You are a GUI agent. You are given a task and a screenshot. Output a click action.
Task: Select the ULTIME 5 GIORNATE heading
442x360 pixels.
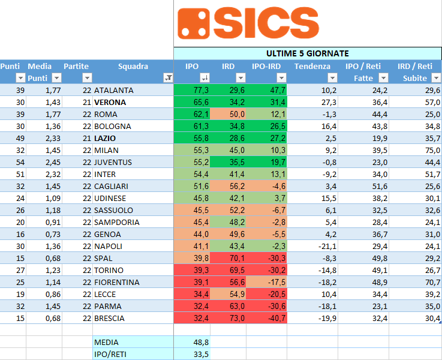click(x=307, y=53)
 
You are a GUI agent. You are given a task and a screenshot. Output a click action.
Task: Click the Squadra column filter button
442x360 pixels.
click(x=168, y=78)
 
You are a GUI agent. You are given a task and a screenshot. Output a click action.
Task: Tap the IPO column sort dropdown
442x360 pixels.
click(x=205, y=78)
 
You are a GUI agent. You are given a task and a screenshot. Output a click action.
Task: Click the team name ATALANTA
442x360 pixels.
click(x=114, y=90)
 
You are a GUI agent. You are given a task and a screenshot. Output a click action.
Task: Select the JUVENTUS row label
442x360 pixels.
click(x=113, y=162)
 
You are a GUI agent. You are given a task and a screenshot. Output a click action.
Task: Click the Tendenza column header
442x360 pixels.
click(x=312, y=66)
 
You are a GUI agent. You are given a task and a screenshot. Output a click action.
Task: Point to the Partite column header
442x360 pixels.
click(x=76, y=66)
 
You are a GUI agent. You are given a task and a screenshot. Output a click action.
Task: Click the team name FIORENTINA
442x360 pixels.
click(x=117, y=282)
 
